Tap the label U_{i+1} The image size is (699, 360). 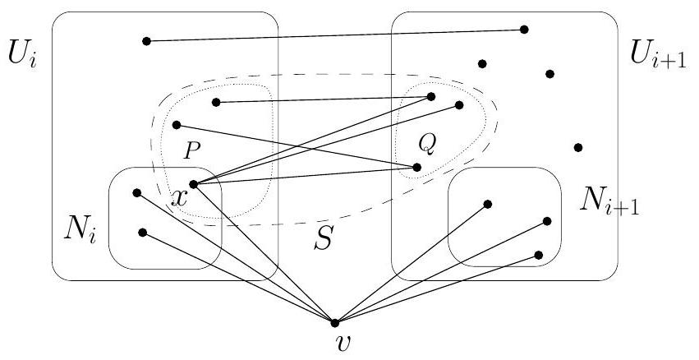tap(655, 55)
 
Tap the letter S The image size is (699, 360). tap(325, 240)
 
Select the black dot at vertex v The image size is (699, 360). tap(333, 321)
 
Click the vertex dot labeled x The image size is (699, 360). tap(193, 184)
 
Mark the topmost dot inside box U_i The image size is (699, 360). tap(146, 40)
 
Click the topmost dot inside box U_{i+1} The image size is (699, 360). tap(524, 30)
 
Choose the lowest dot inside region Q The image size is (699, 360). tap(417, 167)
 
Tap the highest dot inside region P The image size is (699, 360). tap(215, 103)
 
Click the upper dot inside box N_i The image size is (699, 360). tap(137, 193)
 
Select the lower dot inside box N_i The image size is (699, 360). tap(143, 233)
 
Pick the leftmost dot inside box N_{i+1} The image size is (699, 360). tap(488, 204)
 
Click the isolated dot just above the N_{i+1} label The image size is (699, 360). tap(578, 148)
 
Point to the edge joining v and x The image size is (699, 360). tap(263, 252)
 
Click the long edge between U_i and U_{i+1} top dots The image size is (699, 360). tap(335, 35)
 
